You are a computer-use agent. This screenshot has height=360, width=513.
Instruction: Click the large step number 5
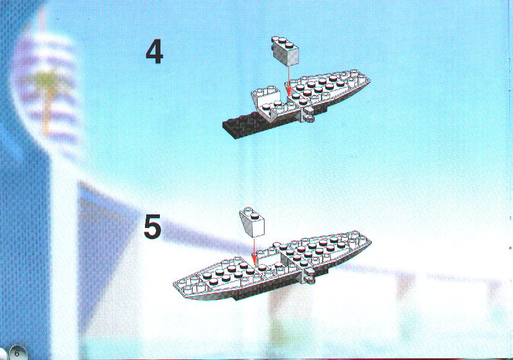[152, 226]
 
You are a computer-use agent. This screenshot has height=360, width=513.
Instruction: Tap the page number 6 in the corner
[17, 353]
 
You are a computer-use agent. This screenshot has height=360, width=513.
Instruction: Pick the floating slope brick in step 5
[253, 221]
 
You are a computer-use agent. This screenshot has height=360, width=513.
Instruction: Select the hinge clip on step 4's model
[308, 115]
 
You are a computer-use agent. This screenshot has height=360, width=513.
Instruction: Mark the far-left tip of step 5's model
[173, 284]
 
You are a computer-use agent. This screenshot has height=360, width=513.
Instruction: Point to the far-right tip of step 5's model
[370, 242]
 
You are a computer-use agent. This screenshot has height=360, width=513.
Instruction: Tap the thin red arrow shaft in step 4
[288, 74]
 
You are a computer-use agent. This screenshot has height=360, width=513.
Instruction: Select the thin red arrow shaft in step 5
[254, 245]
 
